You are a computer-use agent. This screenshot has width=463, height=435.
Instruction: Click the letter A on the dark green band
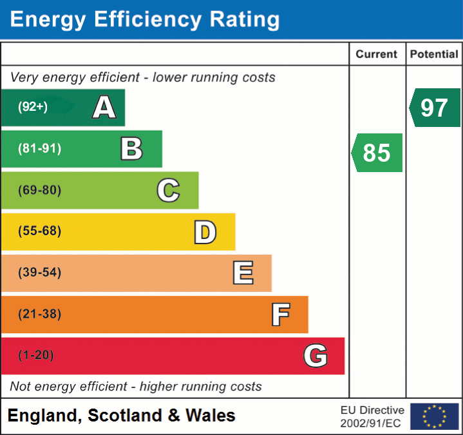[x=104, y=108]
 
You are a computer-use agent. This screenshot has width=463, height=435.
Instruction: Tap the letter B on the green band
[x=131, y=149]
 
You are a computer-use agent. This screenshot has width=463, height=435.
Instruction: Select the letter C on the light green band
[x=168, y=190]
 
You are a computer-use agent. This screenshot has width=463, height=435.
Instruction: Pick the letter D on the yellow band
[x=205, y=232]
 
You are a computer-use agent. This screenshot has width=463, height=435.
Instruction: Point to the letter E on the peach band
[x=243, y=273]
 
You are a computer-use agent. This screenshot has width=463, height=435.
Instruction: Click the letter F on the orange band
[x=280, y=314]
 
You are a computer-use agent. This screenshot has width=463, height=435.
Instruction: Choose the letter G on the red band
[x=316, y=356]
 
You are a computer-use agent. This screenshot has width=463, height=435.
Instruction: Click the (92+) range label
[x=33, y=108]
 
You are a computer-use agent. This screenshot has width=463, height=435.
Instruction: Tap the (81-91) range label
[x=39, y=149]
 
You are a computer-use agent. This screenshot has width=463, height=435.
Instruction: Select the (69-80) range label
[x=39, y=190]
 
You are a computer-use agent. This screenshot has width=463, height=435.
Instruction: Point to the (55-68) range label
[x=39, y=231]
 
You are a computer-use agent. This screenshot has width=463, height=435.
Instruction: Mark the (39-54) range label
[x=39, y=273]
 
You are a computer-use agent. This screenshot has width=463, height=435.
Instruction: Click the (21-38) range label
[x=39, y=314]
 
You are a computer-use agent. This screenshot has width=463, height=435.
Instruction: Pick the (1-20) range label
[x=36, y=356]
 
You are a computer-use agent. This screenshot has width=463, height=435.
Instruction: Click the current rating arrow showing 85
[x=377, y=153]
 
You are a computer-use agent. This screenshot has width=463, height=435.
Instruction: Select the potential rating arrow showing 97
[x=435, y=108]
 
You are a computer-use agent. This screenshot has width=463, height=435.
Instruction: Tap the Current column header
[x=377, y=55]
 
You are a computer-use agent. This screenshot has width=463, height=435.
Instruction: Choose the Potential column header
[x=434, y=55]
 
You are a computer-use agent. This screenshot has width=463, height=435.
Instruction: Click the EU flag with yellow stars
[x=434, y=416]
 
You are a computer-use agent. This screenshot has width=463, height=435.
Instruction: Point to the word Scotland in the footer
[x=125, y=416]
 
